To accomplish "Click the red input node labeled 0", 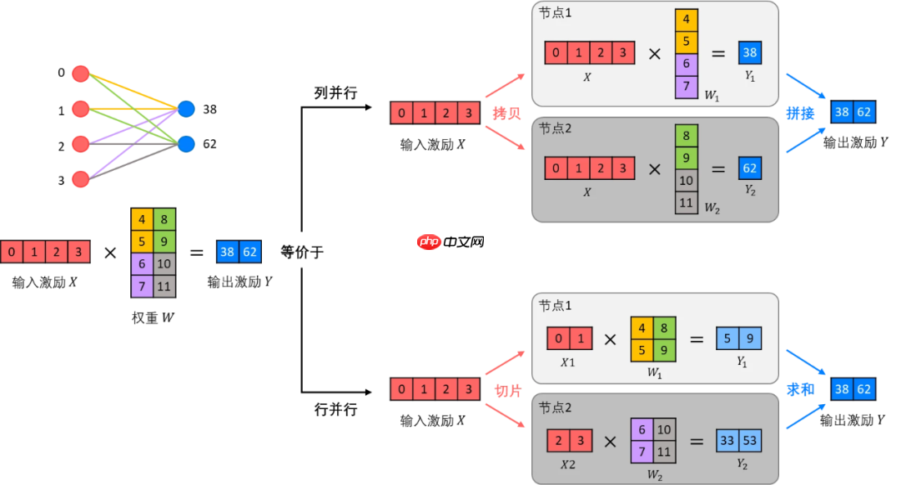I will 81,73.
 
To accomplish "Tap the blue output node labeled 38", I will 186,109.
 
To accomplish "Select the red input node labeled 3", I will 81,179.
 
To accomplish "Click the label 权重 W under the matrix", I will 154,317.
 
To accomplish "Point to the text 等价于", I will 301,252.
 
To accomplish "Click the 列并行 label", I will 335,92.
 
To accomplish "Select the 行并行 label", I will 335,409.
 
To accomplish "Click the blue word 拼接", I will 800,112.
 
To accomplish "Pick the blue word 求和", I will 800,389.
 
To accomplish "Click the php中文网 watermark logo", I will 450,242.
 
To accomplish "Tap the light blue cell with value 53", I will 751,440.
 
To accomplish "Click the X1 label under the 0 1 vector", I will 569,362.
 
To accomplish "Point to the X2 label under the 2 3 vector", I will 569,464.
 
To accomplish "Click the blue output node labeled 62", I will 186,143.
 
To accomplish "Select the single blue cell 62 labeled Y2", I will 749,169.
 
